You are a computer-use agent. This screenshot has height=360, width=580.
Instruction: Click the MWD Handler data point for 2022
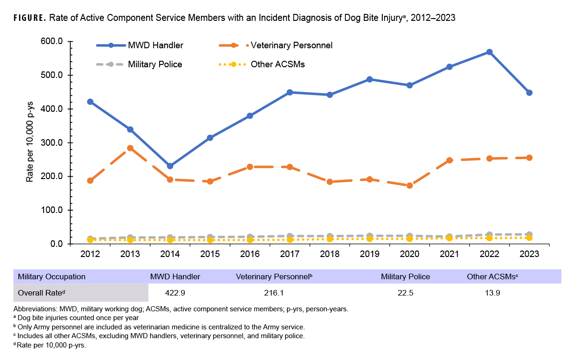489,52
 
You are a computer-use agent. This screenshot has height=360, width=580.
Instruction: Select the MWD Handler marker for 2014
170,166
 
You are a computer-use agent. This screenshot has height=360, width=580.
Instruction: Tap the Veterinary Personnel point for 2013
130,148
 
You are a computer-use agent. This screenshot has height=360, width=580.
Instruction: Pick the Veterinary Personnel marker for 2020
409,186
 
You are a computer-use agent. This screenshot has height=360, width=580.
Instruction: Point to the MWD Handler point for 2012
90,102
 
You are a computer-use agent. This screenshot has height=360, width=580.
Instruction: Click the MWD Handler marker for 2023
529,93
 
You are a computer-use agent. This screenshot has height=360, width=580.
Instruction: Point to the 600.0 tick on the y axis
52,42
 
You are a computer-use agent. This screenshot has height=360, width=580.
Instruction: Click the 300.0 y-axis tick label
52,143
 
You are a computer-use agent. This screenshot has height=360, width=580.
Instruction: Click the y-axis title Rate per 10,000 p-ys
30,142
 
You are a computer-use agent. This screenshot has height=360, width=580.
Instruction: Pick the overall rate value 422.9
175,293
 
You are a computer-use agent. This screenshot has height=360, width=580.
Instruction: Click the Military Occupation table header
52,276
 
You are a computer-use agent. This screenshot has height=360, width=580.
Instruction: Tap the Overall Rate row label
41,293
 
